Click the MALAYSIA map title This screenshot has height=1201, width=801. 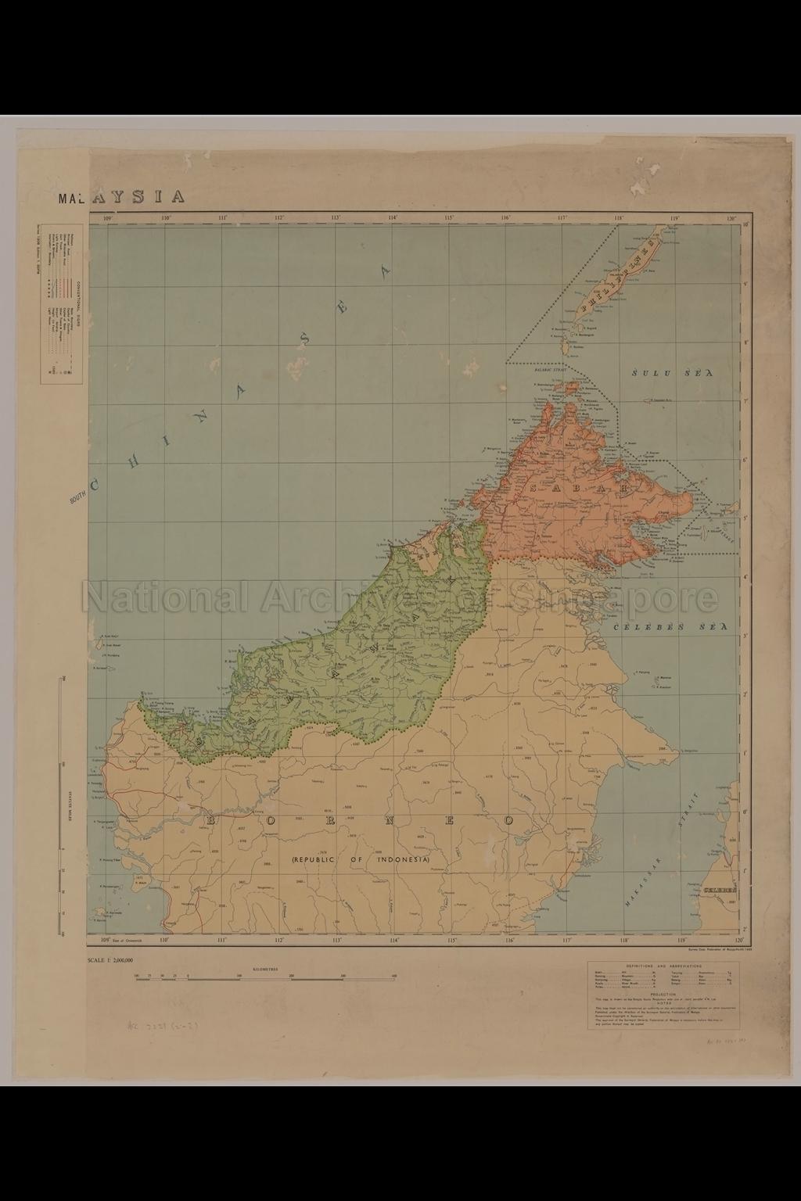point(122,197)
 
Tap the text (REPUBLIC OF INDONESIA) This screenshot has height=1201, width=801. point(361,859)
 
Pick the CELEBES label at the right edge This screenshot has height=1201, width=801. point(720,891)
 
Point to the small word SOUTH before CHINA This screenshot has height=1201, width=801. point(77,496)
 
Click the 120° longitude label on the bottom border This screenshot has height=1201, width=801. point(733,941)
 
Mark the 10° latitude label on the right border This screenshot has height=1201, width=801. point(745,226)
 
